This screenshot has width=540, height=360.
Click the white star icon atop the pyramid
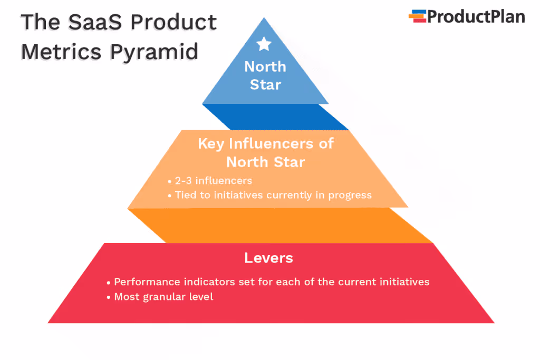pos(264,44)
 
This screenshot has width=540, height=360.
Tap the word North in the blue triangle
pos(265,67)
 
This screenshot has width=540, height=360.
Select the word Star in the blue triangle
pos(265,84)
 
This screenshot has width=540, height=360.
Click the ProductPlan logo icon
pos(417,16)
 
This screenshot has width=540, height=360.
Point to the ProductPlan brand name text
pos(476,17)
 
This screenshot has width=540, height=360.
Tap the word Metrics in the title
pos(62,52)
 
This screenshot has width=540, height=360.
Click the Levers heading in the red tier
pos(268,258)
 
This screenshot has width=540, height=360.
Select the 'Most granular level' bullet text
pos(163,297)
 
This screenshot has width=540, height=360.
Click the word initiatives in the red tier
pos(399,281)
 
